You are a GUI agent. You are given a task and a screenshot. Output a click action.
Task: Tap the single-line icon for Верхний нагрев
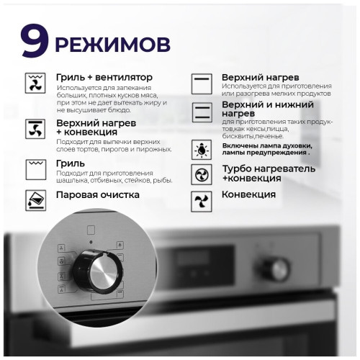click(x=202, y=81)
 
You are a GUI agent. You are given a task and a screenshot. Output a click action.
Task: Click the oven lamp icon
click(x=202, y=150)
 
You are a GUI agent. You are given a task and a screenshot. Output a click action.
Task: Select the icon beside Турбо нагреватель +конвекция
click(x=202, y=174)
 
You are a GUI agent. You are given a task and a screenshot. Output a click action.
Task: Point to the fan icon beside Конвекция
click(x=202, y=199)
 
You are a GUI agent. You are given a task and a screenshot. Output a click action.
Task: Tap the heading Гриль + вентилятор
click(x=104, y=76)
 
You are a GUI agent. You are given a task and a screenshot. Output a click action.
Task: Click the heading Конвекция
click(x=248, y=194)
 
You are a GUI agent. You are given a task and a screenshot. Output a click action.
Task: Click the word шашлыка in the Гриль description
click(x=74, y=181)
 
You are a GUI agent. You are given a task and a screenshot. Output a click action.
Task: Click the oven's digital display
click(x=197, y=265)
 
